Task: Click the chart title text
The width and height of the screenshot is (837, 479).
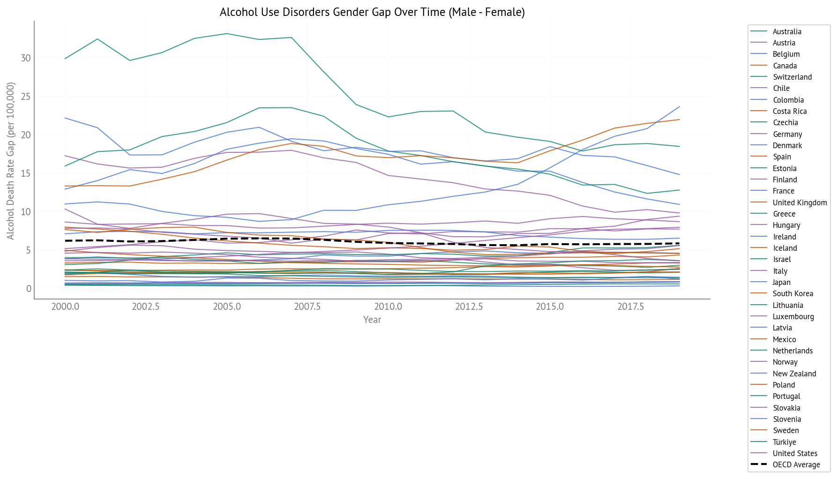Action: (372, 12)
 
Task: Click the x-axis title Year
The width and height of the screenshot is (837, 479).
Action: (372, 320)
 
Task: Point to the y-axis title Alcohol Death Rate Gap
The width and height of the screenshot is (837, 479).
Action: (11, 161)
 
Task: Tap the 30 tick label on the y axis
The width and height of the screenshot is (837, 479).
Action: (26, 58)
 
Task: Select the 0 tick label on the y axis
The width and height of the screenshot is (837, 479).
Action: (29, 289)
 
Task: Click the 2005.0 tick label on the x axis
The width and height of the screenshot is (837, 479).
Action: (227, 307)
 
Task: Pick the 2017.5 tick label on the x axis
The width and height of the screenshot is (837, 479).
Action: (630, 307)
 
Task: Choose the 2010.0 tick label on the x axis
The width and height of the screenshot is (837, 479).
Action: (388, 307)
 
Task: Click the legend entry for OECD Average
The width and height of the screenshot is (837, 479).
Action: (796, 465)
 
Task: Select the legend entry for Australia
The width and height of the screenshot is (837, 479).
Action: (787, 32)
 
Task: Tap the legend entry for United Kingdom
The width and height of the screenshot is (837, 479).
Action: (800, 203)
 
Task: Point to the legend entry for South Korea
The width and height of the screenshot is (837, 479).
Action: (792, 294)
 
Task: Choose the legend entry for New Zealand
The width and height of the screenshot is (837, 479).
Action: (794, 374)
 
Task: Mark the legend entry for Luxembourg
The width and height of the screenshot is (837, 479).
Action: (793, 317)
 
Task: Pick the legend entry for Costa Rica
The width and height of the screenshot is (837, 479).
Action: (790, 112)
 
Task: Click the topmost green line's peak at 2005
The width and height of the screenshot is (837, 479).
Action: (227, 34)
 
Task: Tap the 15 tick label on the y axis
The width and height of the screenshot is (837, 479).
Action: (26, 173)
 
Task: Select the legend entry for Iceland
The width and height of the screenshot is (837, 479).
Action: (785, 248)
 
